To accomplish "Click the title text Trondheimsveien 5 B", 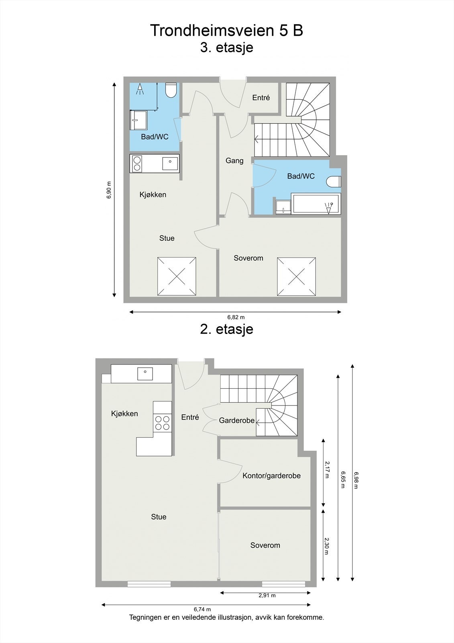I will click(226, 31).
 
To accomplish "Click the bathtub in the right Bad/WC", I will click(316, 204).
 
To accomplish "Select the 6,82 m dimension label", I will click(236, 317).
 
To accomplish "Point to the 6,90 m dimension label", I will click(109, 190).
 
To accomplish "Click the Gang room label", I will click(234, 161).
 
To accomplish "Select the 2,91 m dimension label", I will click(267, 596).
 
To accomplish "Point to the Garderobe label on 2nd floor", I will click(236, 421).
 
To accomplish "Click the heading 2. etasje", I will click(226, 329).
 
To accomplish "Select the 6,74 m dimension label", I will click(202, 609).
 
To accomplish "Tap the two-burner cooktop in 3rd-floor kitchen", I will click(137, 164).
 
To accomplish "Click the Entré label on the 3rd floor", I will click(261, 98).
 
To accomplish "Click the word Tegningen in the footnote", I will click(145, 618).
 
